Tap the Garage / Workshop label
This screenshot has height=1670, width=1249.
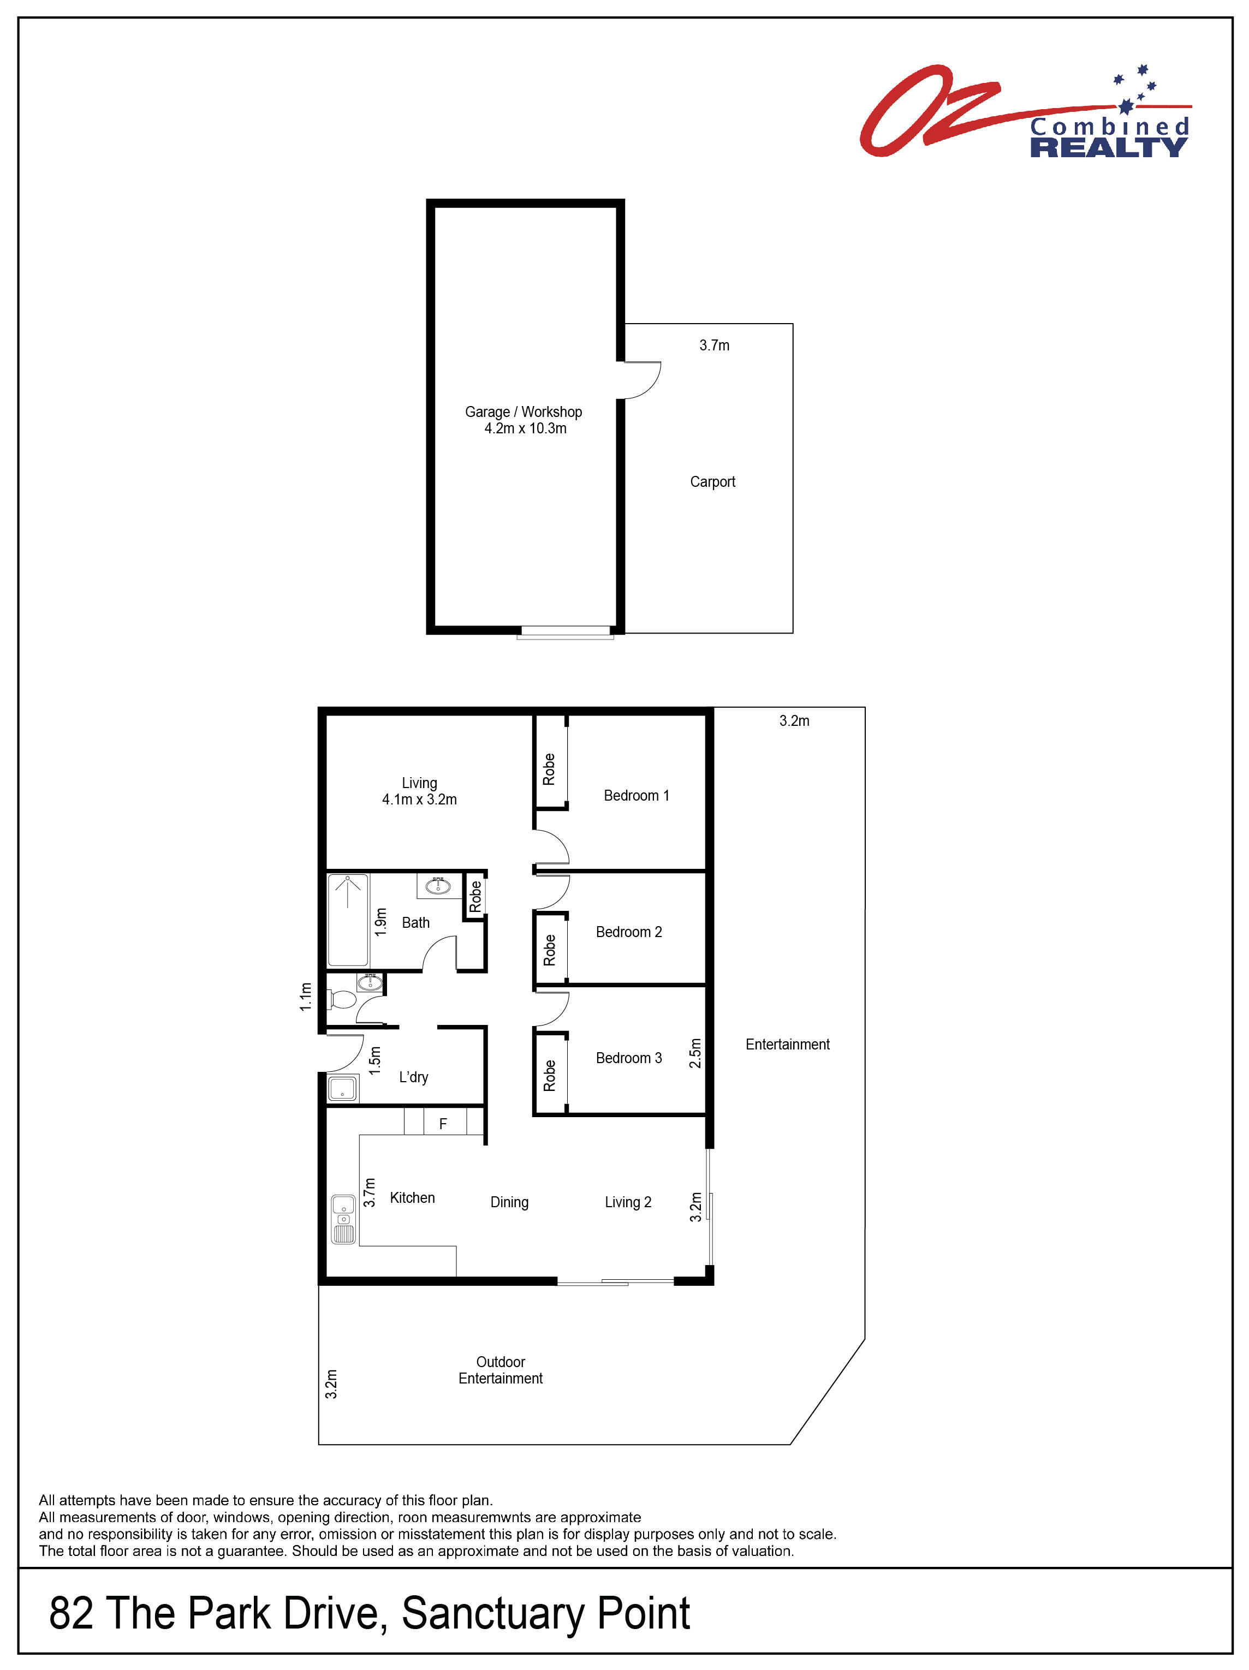[524, 412]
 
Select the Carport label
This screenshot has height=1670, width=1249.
[712, 482]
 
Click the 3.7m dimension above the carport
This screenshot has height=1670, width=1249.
[713, 345]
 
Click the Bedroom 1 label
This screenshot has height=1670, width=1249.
[636, 795]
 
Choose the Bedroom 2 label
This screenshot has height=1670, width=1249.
[628, 932]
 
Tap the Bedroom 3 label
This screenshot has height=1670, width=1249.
[628, 1058]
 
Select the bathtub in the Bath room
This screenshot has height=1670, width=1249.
[347, 920]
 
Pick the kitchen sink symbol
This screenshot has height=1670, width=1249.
[343, 1219]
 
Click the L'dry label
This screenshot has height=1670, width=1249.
[413, 1077]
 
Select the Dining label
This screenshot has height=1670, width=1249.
[509, 1202]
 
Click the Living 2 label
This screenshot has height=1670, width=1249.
[628, 1202]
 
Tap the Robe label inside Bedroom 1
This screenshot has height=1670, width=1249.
[549, 770]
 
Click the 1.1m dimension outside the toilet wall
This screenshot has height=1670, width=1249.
[305, 997]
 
